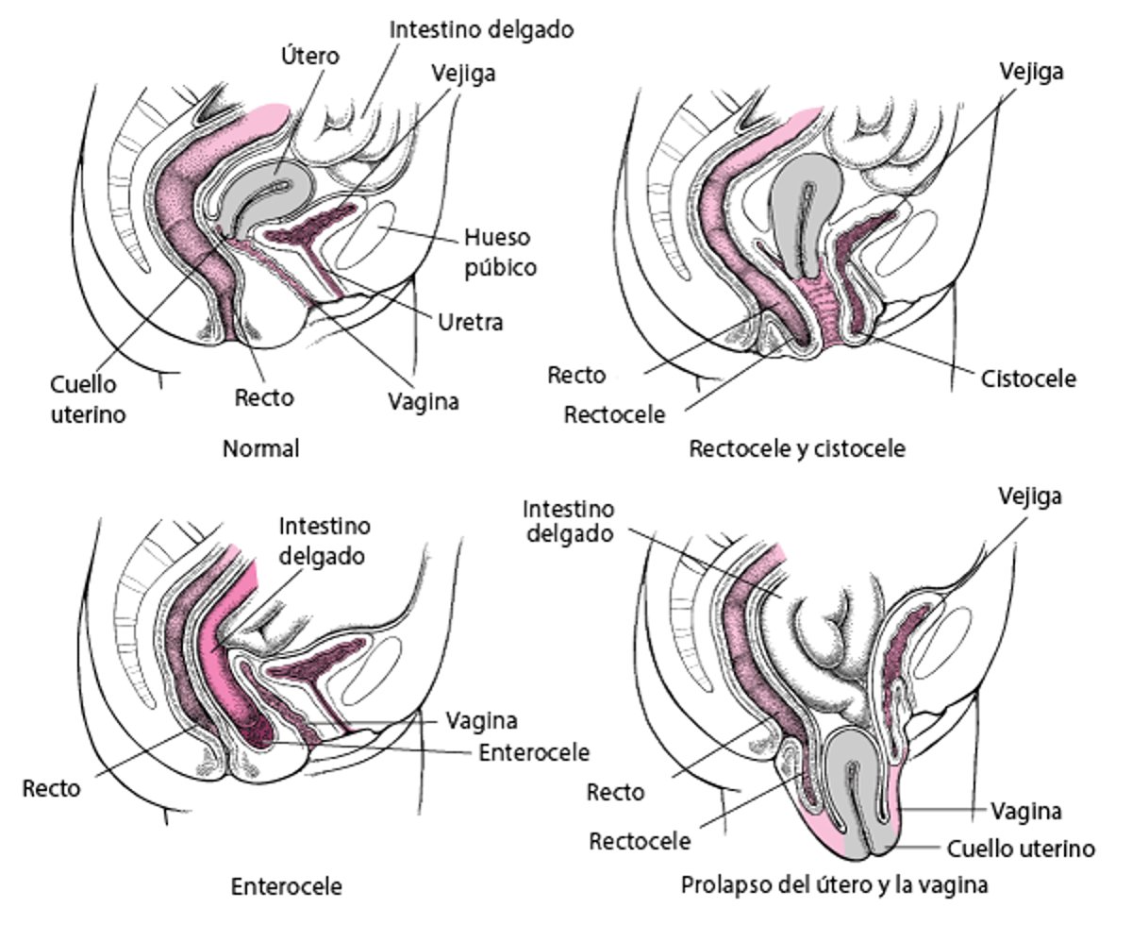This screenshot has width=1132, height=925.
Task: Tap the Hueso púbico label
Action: tap(499, 251)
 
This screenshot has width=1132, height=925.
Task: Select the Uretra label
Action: tap(470, 322)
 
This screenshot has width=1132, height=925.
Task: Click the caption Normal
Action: tap(260, 448)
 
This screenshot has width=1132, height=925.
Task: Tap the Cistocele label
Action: tap(1028, 378)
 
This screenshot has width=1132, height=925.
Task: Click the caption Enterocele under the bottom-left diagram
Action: tap(286, 886)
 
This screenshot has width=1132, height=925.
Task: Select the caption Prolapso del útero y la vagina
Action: tap(834, 886)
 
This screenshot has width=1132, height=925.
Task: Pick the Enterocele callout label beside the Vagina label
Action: tap(534, 752)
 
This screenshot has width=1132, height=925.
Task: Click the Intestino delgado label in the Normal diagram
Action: tap(482, 29)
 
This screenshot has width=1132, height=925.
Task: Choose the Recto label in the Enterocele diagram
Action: tap(52, 788)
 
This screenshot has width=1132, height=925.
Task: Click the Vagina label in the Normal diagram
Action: tap(424, 400)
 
